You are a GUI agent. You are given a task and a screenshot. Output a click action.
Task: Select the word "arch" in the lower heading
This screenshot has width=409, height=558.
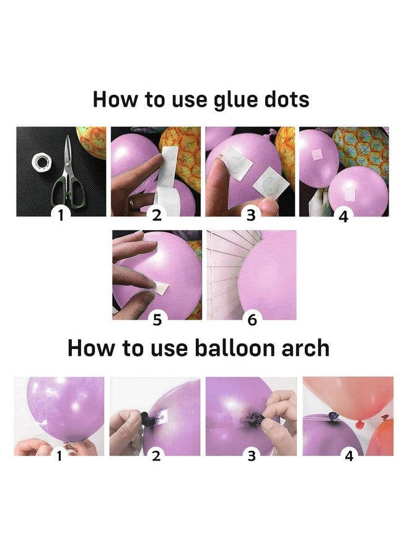[x=306, y=348]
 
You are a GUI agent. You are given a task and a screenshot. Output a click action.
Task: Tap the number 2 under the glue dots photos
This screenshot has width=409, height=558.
[x=157, y=215]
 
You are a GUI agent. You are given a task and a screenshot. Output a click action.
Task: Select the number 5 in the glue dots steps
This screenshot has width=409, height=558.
[x=157, y=319]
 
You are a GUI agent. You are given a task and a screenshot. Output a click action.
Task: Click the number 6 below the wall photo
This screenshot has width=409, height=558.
[x=252, y=319]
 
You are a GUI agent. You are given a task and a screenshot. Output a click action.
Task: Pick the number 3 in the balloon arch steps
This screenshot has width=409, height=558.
[x=252, y=456]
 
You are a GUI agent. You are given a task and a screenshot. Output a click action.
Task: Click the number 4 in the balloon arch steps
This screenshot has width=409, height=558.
[x=349, y=456]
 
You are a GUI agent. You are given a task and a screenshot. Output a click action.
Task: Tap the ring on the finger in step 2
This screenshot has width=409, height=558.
[x=132, y=203]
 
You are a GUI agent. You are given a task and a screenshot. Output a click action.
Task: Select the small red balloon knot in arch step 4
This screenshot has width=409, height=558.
[x=359, y=423]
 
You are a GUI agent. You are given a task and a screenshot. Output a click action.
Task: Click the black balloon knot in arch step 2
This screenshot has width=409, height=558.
[x=145, y=417]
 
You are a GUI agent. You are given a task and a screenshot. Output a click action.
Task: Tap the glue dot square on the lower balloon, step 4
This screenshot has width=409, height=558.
[x=350, y=194]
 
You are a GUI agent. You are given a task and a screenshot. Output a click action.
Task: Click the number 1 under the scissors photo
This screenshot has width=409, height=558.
[x=61, y=215]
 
